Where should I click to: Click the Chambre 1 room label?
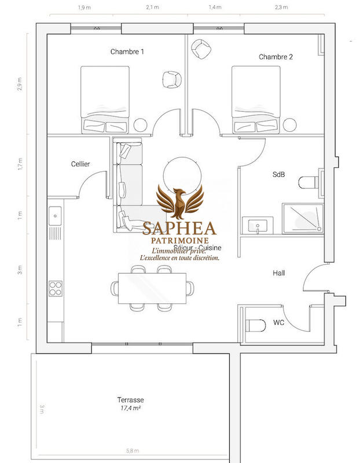[x=127, y=52]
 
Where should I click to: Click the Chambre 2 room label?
[x=275, y=56]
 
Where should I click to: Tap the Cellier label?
[x=80, y=164]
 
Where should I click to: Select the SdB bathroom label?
[x=278, y=174]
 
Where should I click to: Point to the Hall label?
[x=278, y=273]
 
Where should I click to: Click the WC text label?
[x=279, y=323]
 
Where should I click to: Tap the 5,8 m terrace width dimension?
[x=133, y=450]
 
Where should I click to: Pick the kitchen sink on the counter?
[x=56, y=215]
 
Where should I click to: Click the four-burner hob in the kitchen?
[x=56, y=288]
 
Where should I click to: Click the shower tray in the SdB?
[x=302, y=218]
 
